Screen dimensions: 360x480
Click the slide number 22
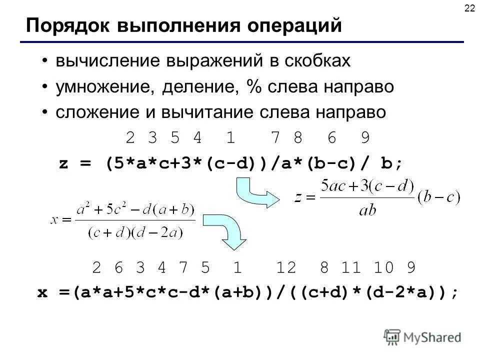point(469,8)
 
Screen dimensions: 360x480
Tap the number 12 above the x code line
point(286,268)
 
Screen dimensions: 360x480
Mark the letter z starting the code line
point(63,163)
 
